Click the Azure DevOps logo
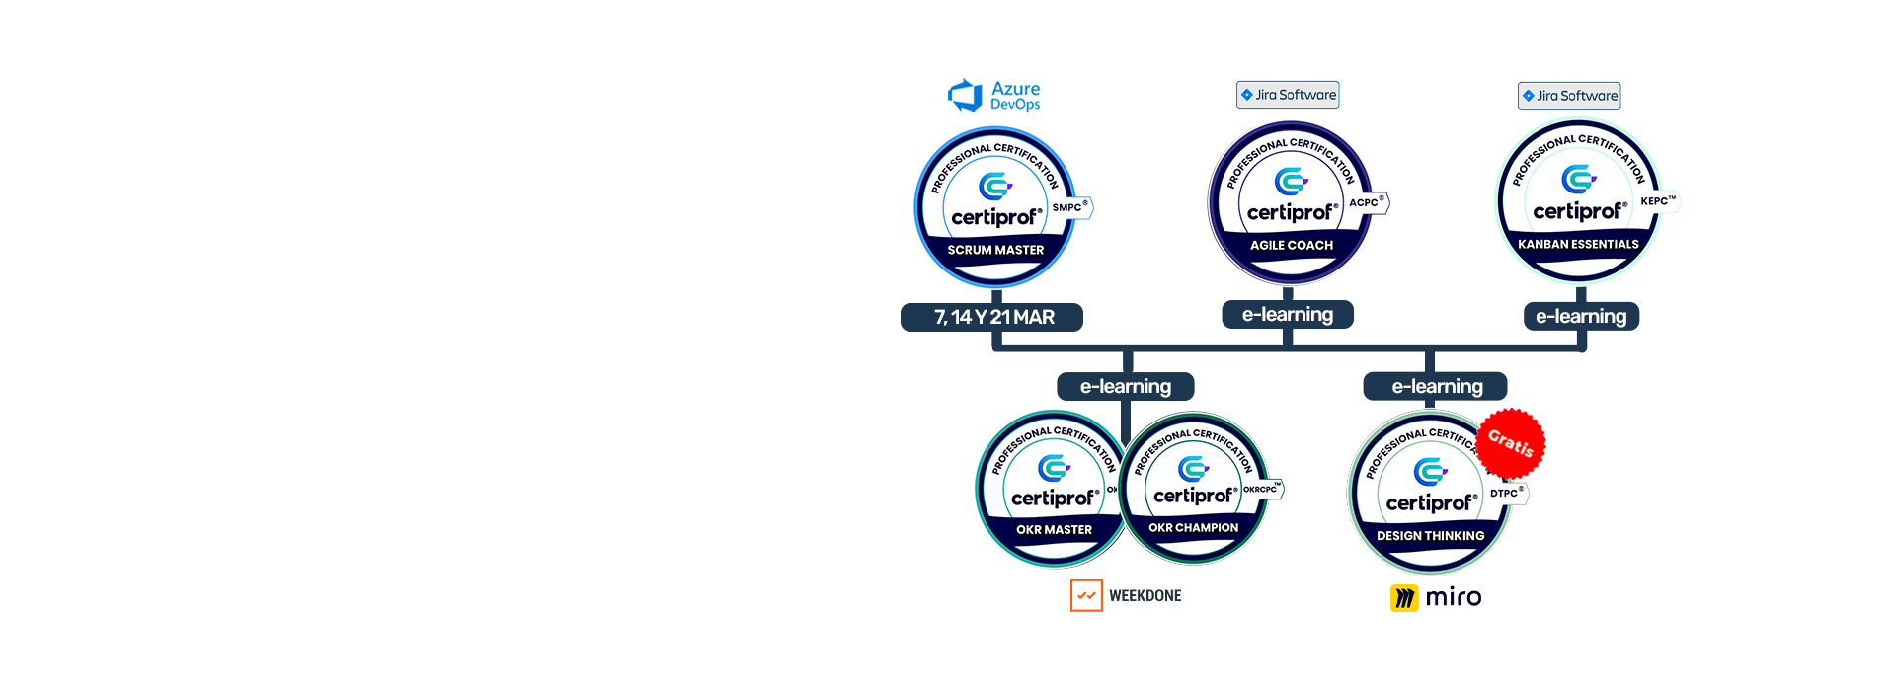(993, 96)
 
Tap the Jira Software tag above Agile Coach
(1288, 95)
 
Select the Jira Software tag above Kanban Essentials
(1569, 96)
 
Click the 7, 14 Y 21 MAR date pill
(992, 317)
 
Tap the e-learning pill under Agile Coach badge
(1288, 314)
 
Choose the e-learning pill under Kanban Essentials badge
(1581, 316)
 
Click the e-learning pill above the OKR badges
(1126, 386)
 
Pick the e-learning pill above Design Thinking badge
(1436, 386)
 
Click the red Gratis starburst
(1511, 441)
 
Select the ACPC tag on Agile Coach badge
(1367, 202)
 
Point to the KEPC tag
(1657, 201)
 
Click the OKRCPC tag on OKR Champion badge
(1261, 489)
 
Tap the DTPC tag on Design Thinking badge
(1507, 493)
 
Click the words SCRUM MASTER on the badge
(995, 250)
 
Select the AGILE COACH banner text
(1292, 245)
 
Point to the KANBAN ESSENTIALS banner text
(1578, 244)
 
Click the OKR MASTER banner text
(1055, 530)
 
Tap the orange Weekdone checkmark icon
(1086, 595)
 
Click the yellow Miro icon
(1404, 597)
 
